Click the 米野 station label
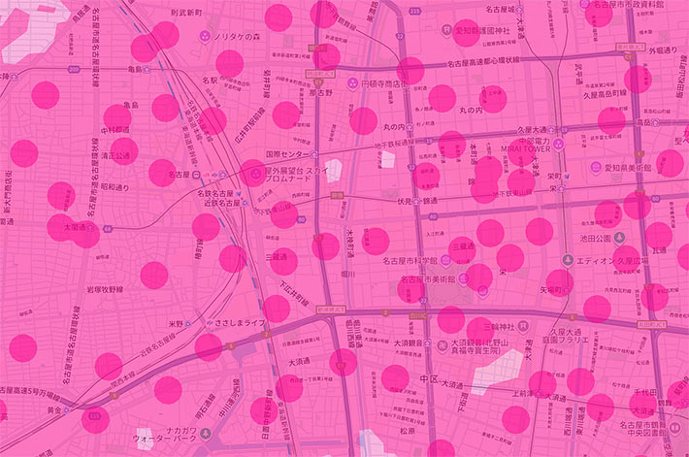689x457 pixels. tap(176, 324)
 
